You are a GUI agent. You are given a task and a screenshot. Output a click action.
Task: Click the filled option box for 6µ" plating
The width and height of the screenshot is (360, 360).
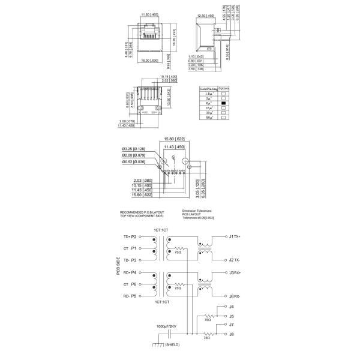point(223,103)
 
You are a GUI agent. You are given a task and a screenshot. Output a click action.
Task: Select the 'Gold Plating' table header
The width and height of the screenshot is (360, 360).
point(207,88)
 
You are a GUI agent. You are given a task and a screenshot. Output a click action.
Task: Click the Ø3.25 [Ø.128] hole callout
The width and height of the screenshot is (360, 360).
point(134,149)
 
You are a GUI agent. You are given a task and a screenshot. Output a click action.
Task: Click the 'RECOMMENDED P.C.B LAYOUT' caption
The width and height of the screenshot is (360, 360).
point(141,211)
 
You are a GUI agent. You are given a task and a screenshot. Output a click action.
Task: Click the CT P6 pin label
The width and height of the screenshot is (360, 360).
point(130,284)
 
